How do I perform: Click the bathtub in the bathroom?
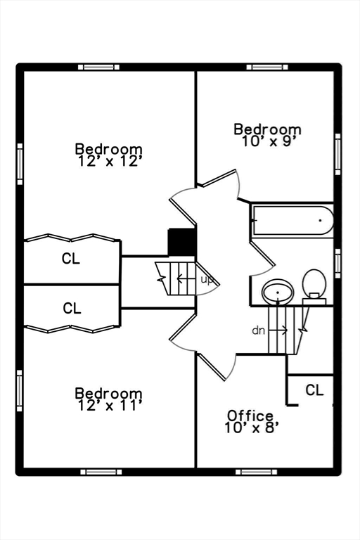pyautogui.click(x=292, y=220)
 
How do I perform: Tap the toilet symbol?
pyautogui.click(x=314, y=287)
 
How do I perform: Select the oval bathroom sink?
pyautogui.click(x=278, y=291)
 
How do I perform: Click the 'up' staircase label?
pyautogui.click(x=207, y=280)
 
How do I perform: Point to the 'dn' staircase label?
pyautogui.click(x=258, y=330)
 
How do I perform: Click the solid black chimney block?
pyautogui.click(x=181, y=242)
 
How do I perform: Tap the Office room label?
pyautogui.click(x=250, y=416)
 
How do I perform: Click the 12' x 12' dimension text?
pyautogui.click(x=109, y=161)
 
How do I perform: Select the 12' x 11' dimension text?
pyautogui.click(x=109, y=405)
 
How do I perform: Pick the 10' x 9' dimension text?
pyautogui.click(x=269, y=141)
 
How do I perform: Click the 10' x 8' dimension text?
pyautogui.click(x=251, y=428)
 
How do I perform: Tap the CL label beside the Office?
pyautogui.click(x=314, y=390)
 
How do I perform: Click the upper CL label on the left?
pyautogui.click(x=71, y=258)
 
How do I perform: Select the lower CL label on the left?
pyautogui.click(x=72, y=308)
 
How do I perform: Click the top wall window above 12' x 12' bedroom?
pyautogui.click(x=98, y=67)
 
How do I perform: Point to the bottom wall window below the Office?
pyautogui.click(x=257, y=472)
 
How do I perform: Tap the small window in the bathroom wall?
pyautogui.click(x=337, y=264)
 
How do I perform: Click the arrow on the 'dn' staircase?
pyautogui.click(x=278, y=330)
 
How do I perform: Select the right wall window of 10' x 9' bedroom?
pyautogui.click(x=337, y=154)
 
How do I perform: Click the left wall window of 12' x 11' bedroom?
pyautogui.click(x=20, y=390)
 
